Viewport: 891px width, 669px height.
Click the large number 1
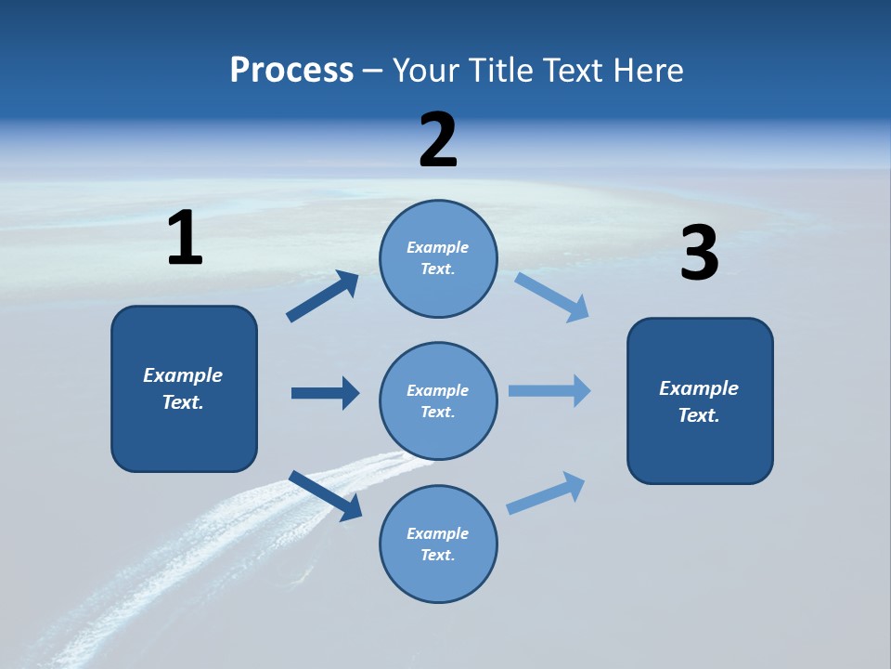pos(185,239)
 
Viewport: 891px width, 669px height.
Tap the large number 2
pos(438,140)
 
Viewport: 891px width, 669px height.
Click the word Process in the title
pos(291,71)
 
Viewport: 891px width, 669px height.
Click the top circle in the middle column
pos(438,258)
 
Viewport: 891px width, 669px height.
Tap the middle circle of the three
pos(438,400)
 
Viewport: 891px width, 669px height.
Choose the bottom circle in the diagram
pos(438,544)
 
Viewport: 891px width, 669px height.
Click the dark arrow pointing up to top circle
pos(323,296)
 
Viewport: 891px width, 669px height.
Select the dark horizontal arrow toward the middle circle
pos(325,393)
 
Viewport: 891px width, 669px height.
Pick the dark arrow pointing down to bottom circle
pos(326,495)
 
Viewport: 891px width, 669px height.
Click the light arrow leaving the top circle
pos(552,297)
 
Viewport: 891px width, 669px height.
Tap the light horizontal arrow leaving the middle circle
pos(549,390)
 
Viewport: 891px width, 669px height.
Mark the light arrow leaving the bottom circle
pos(546,492)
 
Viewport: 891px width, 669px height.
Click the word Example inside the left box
pos(183,374)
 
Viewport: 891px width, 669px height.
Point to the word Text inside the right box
pos(698,415)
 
